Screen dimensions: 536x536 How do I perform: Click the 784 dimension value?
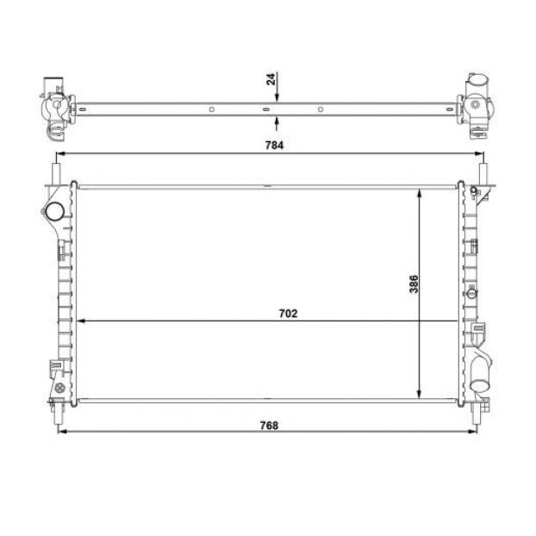point(274,146)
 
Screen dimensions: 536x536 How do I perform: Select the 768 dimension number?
point(269,426)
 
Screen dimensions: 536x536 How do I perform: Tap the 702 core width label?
point(288,314)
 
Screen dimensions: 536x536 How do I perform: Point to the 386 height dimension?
point(414,284)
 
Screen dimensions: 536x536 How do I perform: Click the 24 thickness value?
point(271,79)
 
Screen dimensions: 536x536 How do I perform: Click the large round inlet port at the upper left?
point(54,211)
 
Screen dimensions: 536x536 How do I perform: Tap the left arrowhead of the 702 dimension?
point(81,321)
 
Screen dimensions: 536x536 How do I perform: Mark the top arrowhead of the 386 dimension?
point(420,193)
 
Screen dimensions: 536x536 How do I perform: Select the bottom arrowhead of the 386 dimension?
point(420,394)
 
